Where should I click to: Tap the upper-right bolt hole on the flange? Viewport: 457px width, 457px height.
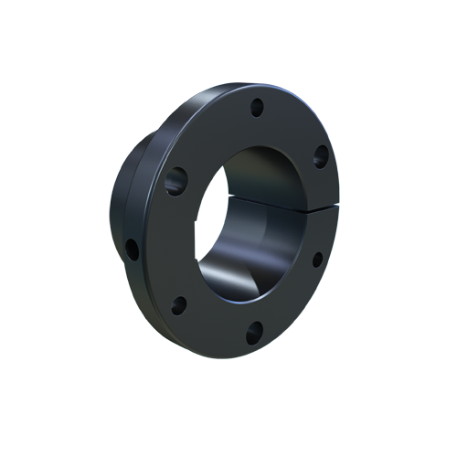click(x=321, y=157)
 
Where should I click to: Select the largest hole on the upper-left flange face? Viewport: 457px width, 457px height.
click(x=176, y=180)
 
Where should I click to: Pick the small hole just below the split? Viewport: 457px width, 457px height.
click(x=317, y=260)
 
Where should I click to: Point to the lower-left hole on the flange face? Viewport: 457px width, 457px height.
click(x=179, y=304)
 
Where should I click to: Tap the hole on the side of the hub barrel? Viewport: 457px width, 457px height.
click(x=133, y=249)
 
